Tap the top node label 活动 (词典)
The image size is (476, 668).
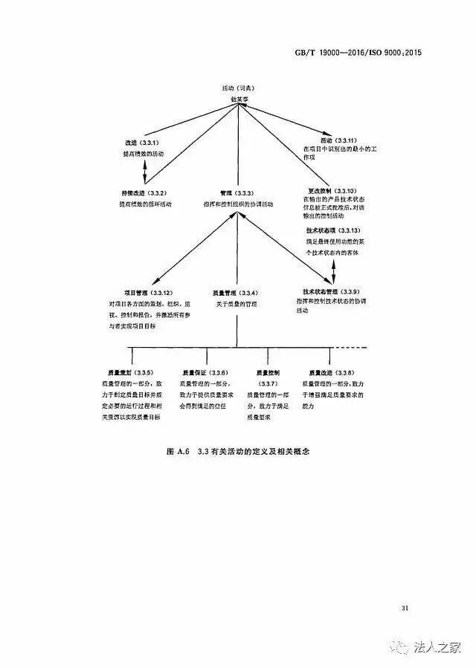tap(238, 88)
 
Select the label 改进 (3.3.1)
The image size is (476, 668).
tap(141, 142)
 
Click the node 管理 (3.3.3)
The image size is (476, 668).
tap(237, 192)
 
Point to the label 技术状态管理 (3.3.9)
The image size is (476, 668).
tap(331, 291)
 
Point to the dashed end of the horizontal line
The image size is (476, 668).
tap(358, 347)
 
